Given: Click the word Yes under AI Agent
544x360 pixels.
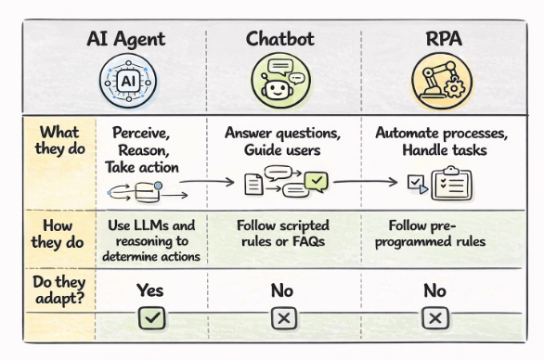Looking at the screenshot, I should coord(150,290).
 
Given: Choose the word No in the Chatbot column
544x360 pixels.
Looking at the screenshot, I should coord(282,290).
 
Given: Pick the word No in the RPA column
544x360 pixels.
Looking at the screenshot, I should coord(433,290).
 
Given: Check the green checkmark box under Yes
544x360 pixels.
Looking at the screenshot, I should coord(150,318).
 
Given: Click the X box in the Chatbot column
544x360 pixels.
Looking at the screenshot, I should coord(282,318).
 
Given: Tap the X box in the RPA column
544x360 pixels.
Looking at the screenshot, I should coord(433,318).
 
